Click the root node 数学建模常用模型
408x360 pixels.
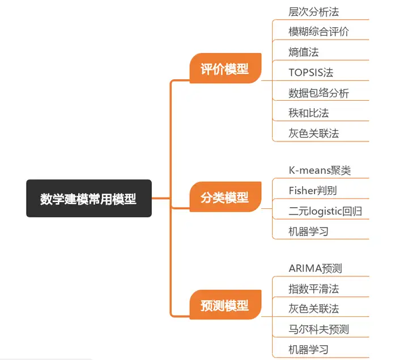pos(88,199)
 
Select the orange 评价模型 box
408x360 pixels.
pos(225,69)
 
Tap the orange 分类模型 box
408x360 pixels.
pos(225,198)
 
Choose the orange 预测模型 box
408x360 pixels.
pos(225,306)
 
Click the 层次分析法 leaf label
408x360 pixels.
pos(313,11)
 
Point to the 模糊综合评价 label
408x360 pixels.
pos(318,32)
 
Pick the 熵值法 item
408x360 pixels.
pos(303,52)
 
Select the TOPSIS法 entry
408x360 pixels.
pos(311,72)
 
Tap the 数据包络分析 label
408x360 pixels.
pos(318,93)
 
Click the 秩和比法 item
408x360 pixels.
pos(308,113)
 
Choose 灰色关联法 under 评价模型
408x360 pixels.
pos(313,134)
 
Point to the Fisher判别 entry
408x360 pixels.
pos(312,191)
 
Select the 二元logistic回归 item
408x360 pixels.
pos(325,211)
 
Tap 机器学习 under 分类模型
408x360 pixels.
pos(308,232)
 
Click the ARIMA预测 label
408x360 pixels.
pos(315,268)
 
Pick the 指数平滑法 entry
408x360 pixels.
pos(313,289)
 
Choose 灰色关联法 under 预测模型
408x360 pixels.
pos(313,309)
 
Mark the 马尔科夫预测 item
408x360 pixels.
pos(318,329)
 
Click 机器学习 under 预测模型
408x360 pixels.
pos(308,350)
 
